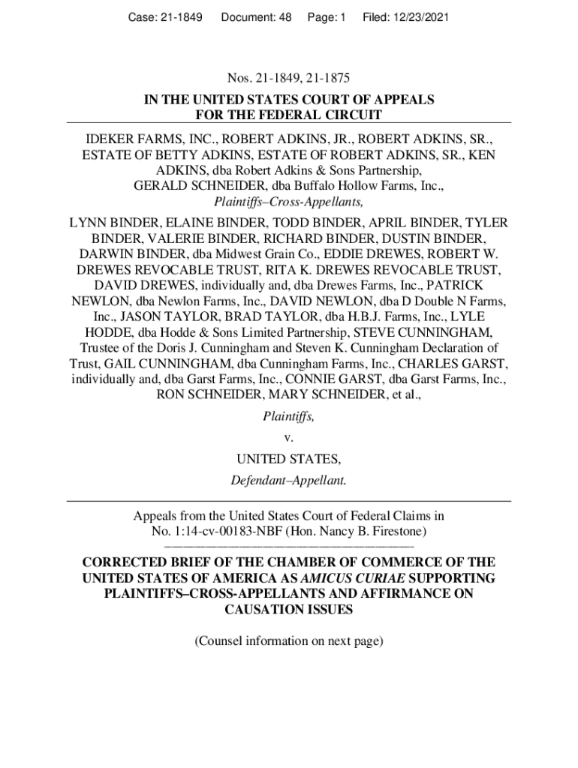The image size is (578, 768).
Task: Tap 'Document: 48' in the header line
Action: (256, 14)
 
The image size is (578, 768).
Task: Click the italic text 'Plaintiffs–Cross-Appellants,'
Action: (289, 202)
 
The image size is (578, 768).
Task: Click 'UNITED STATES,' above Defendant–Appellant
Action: (289, 459)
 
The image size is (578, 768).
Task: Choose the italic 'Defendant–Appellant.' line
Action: (289, 481)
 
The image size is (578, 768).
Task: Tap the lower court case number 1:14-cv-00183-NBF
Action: (231, 532)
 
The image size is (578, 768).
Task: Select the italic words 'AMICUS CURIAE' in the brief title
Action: (343, 578)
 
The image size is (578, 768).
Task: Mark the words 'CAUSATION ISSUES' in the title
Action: (289, 610)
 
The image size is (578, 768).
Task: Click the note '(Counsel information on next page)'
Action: (289, 641)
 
